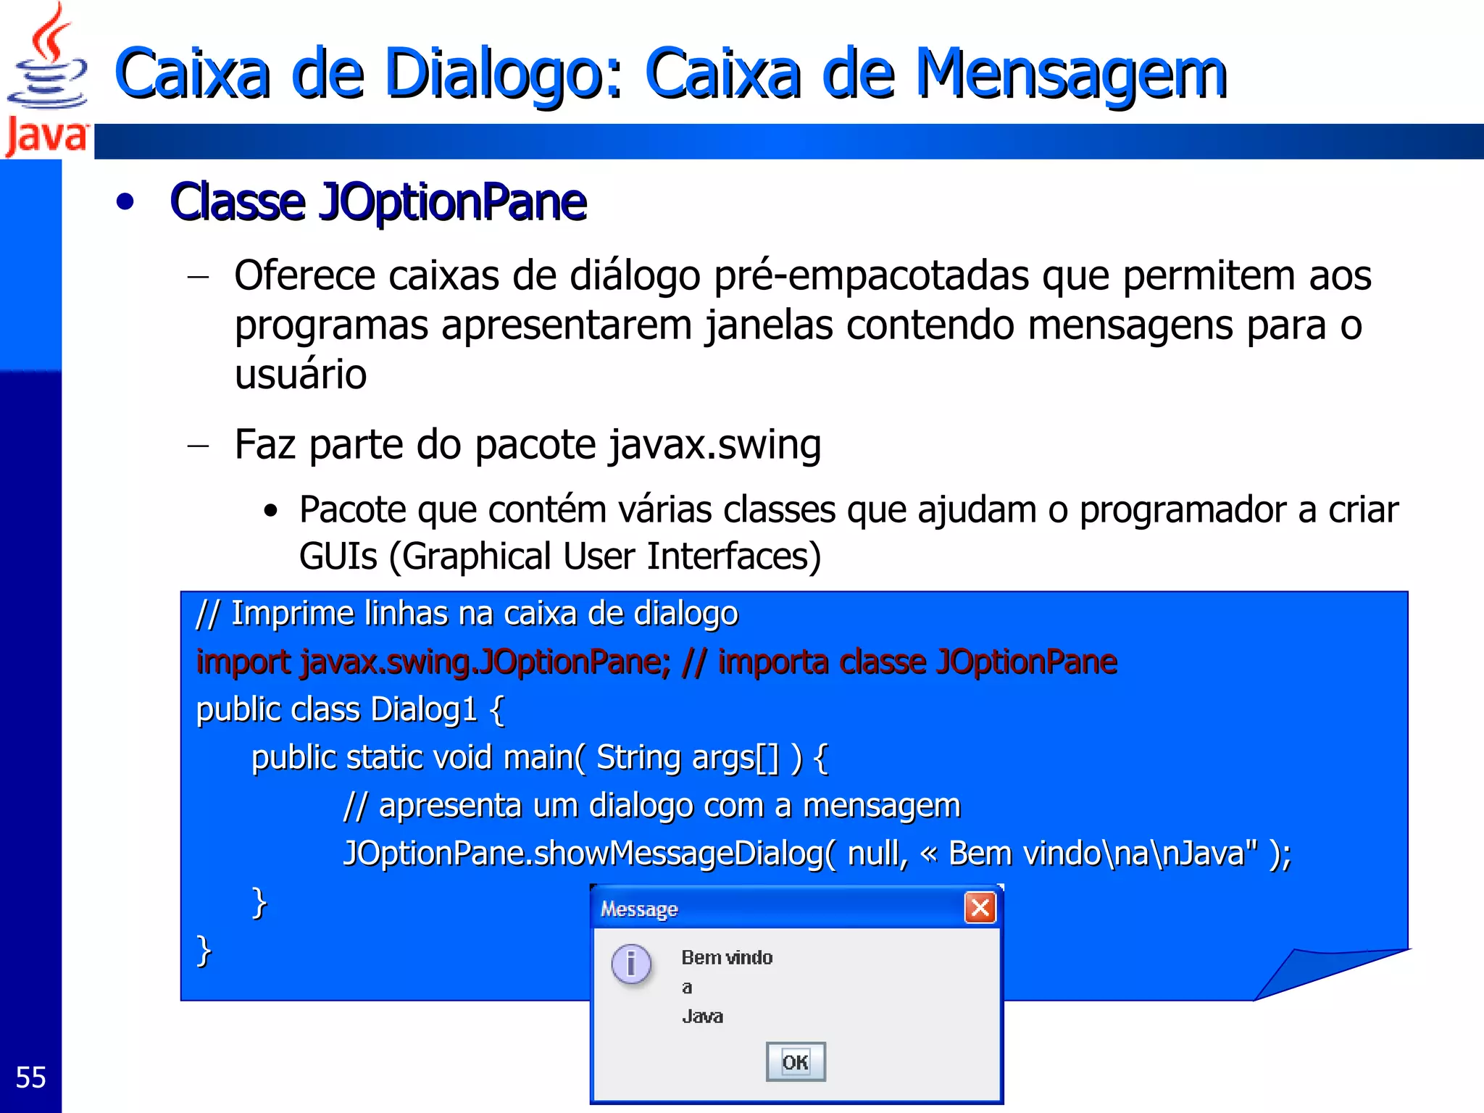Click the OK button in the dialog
click(795, 1062)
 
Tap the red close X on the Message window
click(980, 907)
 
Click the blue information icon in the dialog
click(631, 964)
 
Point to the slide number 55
click(30, 1077)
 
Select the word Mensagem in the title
click(1071, 74)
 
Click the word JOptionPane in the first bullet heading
click(453, 202)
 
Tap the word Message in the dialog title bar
click(639, 909)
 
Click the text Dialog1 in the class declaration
click(423, 709)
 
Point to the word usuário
click(301, 375)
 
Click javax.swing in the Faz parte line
click(715, 444)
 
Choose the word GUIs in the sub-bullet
click(338, 556)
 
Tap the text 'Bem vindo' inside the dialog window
click(727, 957)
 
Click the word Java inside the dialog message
click(702, 1016)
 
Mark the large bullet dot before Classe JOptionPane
click(125, 202)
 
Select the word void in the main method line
click(462, 758)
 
